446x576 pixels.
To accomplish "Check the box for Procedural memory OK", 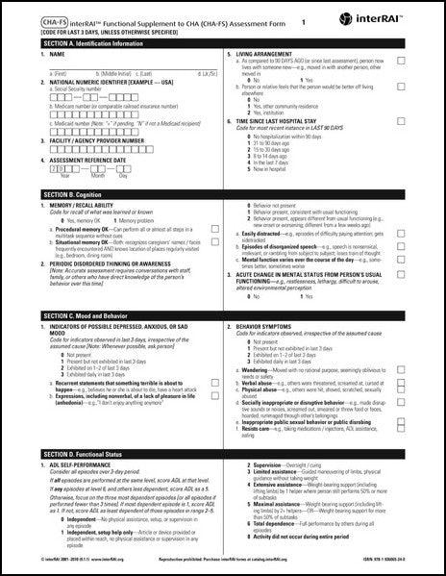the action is (214, 230).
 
